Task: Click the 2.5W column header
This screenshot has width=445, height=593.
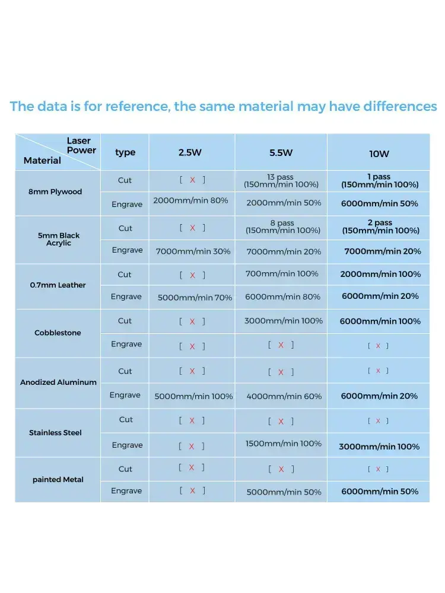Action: [x=190, y=152]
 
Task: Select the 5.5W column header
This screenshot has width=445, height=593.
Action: [x=281, y=152]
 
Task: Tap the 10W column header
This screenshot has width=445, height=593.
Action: [x=379, y=154]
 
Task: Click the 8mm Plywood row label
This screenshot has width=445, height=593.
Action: [x=55, y=192]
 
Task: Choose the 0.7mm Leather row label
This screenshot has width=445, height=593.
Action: [x=58, y=285]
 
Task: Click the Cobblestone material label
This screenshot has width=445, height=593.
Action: [x=58, y=333]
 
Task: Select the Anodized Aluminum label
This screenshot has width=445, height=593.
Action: [x=58, y=382]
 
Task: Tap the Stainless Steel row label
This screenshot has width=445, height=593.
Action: [x=55, y=433]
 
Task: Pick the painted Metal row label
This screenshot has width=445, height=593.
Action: [x=58, y=480]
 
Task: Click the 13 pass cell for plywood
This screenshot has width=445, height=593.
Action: [x=281, y=180]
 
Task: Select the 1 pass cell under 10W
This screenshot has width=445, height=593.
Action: [x=380, y=180]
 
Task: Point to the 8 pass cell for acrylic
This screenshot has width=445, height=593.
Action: [x=282, y=227]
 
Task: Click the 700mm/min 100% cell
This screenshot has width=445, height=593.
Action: [x=282, y=273]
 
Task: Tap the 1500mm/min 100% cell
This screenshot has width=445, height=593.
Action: [x=283, y=444]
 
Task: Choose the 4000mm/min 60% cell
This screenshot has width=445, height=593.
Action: [x=283, y=396]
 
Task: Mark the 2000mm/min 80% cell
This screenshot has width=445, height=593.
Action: [x=190, y=200]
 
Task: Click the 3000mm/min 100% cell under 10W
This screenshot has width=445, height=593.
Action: [x=379, y=447]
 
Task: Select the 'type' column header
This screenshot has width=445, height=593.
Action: [x=125, y=152]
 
